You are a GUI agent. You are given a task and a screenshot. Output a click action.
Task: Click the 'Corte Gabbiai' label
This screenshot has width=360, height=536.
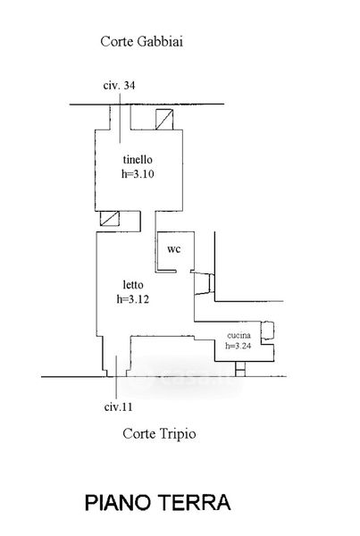[x=141, y=42]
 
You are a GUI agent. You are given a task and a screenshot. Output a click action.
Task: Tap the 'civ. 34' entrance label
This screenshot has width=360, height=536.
[x=119, y=85]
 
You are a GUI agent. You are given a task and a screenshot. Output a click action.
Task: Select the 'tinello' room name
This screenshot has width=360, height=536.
[x=138, y=159]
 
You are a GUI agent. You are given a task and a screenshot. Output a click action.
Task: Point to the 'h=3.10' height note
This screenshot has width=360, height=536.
[x=138, y=174]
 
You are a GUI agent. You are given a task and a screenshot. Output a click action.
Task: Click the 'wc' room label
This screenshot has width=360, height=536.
[x=173, y=249]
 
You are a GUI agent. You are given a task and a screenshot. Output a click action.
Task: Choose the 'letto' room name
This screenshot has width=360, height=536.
[x=133, y=284]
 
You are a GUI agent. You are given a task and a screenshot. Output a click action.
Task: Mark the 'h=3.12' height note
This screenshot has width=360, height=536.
[x=133, y=299]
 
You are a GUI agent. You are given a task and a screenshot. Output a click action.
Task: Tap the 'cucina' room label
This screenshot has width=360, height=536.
[x=239, y=335]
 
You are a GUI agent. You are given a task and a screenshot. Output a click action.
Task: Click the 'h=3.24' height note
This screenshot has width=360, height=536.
[x=239, y=346]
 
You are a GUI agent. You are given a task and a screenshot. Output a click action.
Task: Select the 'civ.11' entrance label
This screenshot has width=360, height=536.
[x=118, y=407]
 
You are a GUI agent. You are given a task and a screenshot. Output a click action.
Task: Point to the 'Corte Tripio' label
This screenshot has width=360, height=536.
[x=159, y=434]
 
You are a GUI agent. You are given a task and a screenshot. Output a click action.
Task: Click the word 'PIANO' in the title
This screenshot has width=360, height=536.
[x=118, y=502]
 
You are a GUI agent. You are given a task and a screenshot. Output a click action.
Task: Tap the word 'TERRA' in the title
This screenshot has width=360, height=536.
[x=196, y=502]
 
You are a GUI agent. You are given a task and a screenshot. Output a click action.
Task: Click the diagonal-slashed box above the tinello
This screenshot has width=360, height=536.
[x=164, y=120]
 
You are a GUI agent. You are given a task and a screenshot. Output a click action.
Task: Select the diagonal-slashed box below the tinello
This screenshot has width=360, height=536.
[x=110, y=219]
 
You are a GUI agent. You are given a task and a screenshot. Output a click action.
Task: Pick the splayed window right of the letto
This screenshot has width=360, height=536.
[x=204, y=284]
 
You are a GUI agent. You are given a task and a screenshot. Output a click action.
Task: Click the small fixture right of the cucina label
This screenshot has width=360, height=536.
[x=267, y=331]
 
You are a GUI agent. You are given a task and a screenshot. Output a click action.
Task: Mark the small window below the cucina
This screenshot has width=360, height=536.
[x=240, y=369]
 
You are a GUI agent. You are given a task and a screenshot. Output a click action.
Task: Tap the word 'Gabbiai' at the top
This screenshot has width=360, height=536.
[x=160, y=42]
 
